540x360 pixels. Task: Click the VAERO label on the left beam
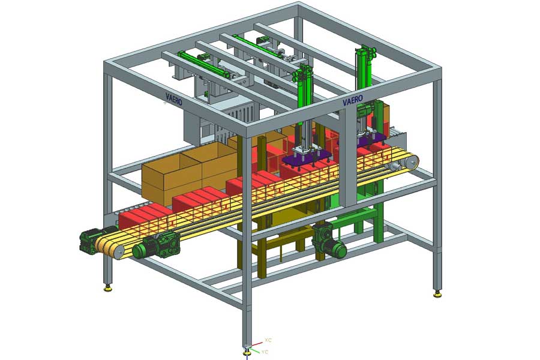[174, 98]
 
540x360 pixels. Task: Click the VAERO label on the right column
[353, 100]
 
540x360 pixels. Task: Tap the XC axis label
[268, 340]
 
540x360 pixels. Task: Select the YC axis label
[265, 352]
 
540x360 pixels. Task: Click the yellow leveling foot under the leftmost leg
[108, 288]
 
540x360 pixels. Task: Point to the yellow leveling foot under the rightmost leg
[437, 294]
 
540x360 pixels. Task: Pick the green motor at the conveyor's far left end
[92, 239]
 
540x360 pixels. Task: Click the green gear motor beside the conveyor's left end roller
[157, 244]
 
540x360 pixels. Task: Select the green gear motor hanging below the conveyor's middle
[329, 241]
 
